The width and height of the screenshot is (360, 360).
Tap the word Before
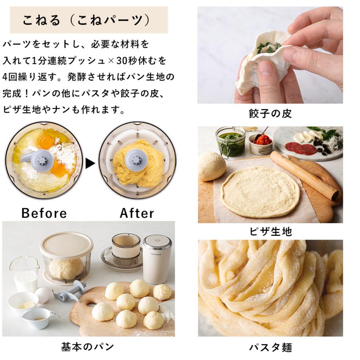[x=44, y=213]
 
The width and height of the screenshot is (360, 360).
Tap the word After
[x=137, y=213]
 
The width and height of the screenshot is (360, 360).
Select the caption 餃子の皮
[x=270, y=114]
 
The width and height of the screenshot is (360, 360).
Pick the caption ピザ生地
[x=270, y=231]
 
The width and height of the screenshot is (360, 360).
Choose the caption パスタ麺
[x=270, y=347]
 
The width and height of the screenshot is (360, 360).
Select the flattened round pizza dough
[x=260, y=191]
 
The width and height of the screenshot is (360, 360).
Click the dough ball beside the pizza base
[x=211, y=165]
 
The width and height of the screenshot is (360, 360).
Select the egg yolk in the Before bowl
[x=46, y=141]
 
